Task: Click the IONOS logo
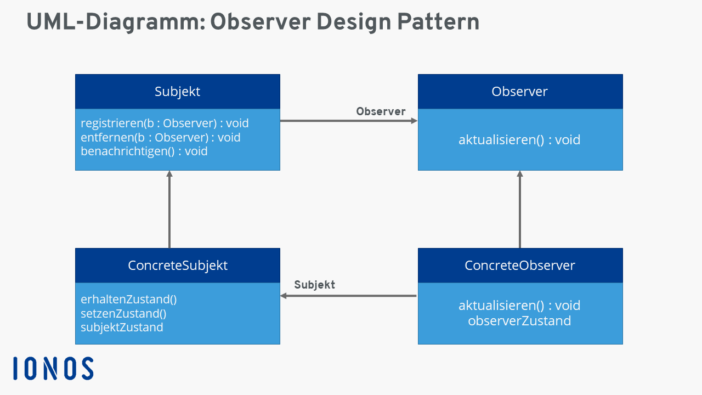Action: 53,368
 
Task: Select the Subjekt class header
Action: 177,92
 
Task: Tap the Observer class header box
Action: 519,92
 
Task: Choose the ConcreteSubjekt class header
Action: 177,266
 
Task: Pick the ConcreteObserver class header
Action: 519,266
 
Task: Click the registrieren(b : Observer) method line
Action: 165,123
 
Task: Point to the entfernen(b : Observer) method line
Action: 161,137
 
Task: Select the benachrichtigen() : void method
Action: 144,151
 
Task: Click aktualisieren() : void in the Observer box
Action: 519,140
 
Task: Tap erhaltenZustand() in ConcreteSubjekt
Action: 128,300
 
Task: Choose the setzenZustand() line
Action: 123,313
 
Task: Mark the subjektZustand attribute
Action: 122,328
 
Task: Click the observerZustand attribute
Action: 519,321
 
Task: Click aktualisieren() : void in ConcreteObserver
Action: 519,306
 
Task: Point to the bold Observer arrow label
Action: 381,111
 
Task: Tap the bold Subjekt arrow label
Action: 314,285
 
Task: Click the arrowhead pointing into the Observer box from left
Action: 414,121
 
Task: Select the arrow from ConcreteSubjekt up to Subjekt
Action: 169,211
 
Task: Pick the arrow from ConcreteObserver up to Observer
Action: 520,211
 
